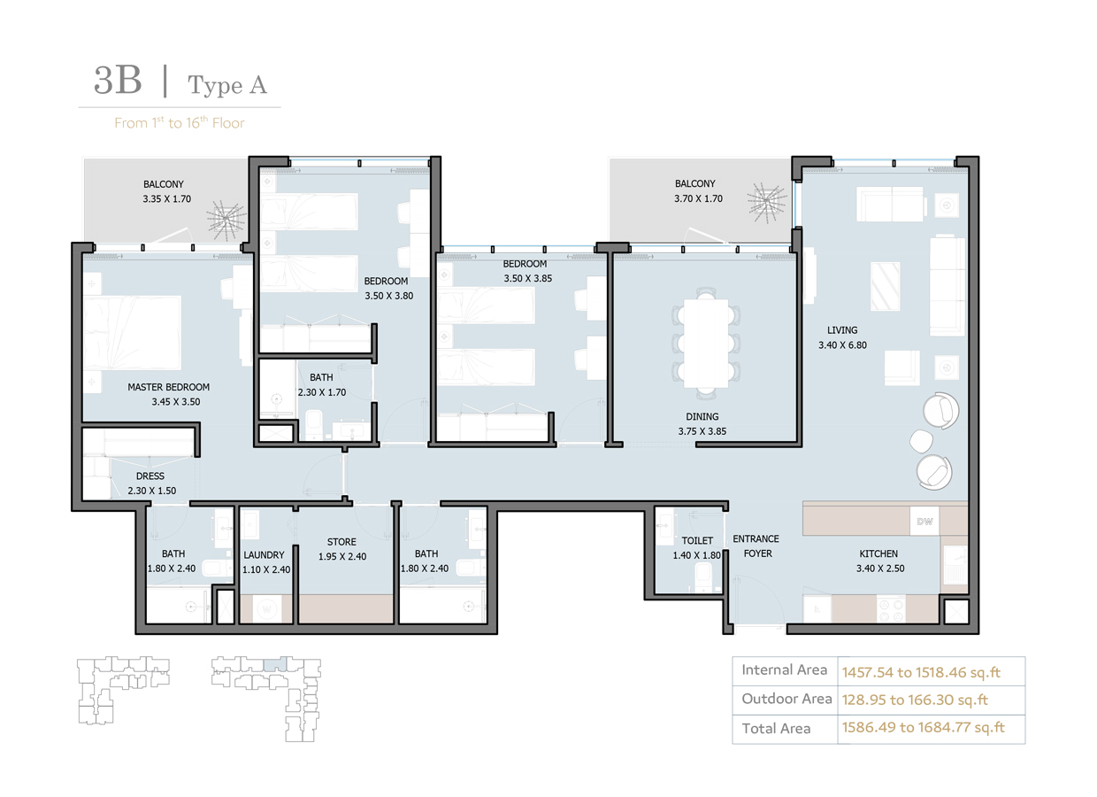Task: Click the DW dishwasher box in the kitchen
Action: (924, 521)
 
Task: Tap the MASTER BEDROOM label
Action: (168, 387)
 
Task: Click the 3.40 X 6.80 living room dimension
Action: (842, 345)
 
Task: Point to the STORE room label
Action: (341, 542)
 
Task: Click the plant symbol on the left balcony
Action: (226, 215)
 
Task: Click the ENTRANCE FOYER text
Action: (756, 546)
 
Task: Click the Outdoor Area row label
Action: (786, 699)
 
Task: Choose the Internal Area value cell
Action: (921, 671)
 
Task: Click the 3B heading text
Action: (118, 81)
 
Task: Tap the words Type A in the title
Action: (226, 85)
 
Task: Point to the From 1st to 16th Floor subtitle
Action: (179, 123)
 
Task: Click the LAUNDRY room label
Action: (264, 555)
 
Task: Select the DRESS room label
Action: (150, 476)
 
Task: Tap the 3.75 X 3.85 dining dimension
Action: (702, 431)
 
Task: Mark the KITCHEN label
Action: (878, 554)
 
